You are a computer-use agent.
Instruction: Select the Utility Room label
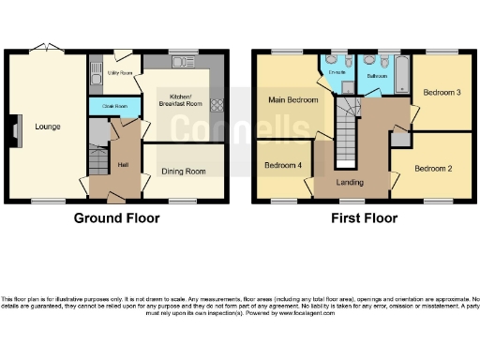pyautogui.click(x=118, y=71)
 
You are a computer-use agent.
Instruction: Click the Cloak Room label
pyautogui.click(x=113, y=106)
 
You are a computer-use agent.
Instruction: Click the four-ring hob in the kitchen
pyautogui.click(x=217, y=105)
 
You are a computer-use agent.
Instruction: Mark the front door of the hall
pyautogui.click(x=115, y=198)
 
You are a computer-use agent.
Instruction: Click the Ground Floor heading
pyautogui.click(x=116, y=218)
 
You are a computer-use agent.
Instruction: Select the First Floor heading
pyautogui.click(x=363, y=218)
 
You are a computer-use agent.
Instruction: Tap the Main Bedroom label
pyautogui.click(x=293, y=98)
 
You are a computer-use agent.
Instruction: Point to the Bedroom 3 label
pyautogui.click(x=441, y=93)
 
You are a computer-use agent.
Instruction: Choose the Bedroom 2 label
pyautogui.click(x=433, y=168)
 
